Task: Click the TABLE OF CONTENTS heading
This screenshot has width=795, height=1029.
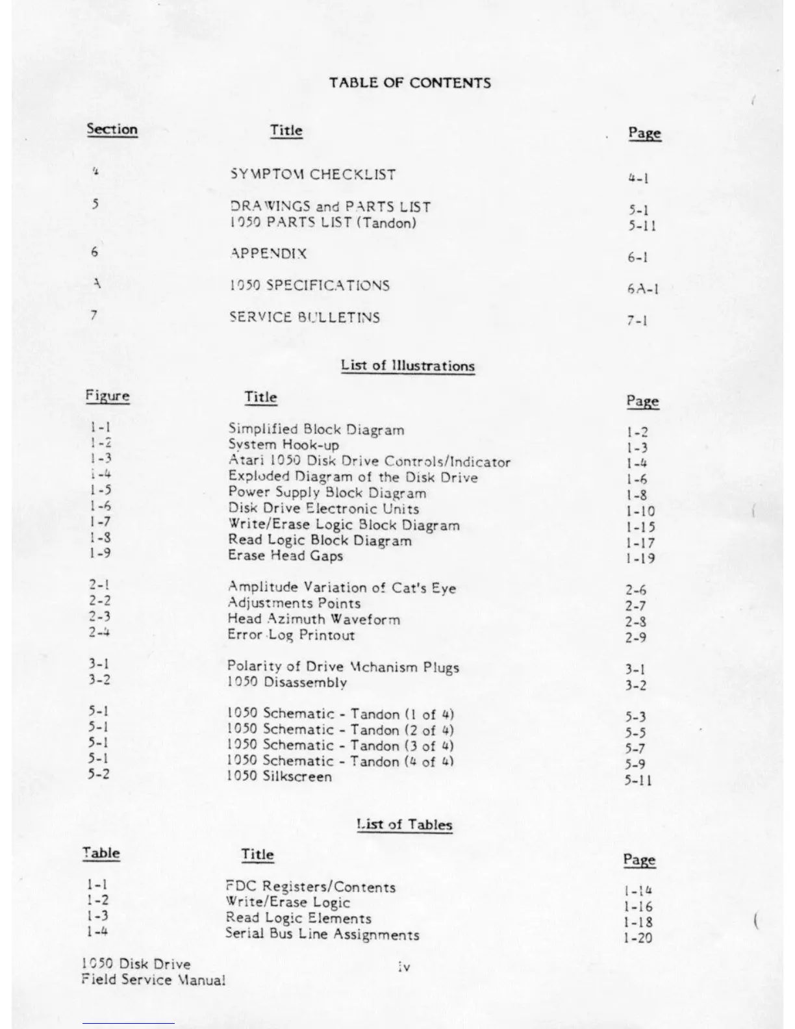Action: coord(409,83)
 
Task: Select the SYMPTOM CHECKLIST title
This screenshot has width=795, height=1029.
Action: coord(312,174)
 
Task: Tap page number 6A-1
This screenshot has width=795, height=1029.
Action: coord(643,288)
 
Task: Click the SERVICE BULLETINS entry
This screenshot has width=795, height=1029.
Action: coord(305,317)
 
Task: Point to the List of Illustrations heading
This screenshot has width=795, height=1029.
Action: coord(408,366)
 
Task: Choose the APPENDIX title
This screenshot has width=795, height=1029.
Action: coord(268,253)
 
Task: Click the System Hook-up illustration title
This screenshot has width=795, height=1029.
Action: coord(283,445)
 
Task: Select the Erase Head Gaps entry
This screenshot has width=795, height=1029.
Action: coord(285,555)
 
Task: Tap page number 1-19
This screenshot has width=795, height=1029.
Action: coord(640,558)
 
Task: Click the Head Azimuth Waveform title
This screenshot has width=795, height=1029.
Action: coord(314,619)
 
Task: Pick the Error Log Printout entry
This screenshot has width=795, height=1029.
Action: coord(291,635)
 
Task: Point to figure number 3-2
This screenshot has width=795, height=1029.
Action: coord(99,680)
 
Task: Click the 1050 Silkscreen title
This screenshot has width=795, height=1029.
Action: coord(279,776)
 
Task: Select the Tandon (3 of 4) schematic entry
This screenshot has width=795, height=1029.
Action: coord(340,745)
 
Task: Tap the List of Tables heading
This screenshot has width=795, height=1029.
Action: coord(404,824)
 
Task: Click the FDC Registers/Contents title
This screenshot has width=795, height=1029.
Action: coord(310,887)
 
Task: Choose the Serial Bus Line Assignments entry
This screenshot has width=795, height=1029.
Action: coord(322,934)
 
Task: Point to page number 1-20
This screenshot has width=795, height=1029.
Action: coord(638,937)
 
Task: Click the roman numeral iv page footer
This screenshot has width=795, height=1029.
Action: coord(403,967)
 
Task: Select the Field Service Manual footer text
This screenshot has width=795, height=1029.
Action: coord(153,980)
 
